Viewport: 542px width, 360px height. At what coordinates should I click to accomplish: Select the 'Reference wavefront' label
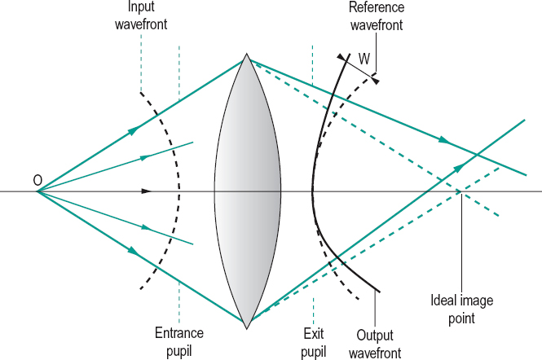point(377,16)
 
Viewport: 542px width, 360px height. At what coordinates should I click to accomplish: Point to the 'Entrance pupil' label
point(179,341)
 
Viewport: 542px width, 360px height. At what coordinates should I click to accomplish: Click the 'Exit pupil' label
point(314,341)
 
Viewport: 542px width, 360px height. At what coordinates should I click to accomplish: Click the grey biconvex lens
point(247,192)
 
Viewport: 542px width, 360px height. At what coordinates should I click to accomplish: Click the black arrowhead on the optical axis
point(147,191)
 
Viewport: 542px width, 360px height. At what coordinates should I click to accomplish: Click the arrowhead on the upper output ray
point(443,140)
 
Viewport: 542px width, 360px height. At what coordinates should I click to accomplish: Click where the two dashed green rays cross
point(460,191)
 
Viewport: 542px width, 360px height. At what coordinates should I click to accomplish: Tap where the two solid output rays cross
point(477,154)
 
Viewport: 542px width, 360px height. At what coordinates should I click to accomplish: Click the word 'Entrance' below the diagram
point(179,333)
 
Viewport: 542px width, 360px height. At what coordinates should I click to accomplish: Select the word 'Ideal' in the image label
point(444,301)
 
